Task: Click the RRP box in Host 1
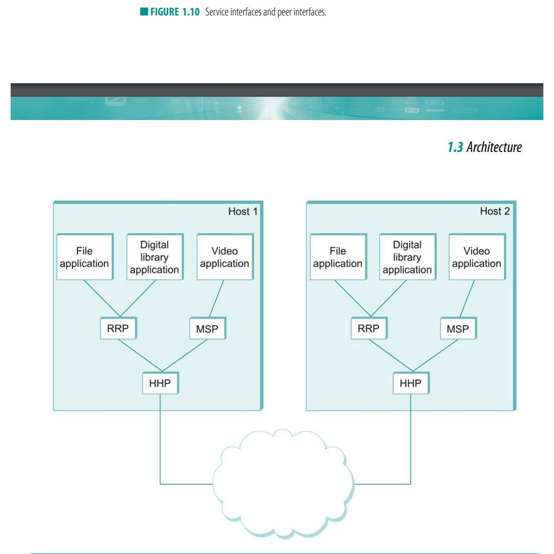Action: (x=118, y=329)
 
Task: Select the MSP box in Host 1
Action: (x=207, y=329)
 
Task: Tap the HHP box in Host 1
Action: (x=160, y=383)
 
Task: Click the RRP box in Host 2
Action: (x=369, y=329)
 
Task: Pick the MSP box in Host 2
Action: (x=458, y=329)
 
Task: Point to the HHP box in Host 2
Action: (x=411, y=383)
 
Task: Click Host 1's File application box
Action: (x=85, y=257)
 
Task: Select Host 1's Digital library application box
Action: (x=155, y=257)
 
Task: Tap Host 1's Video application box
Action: (x=225, y=257)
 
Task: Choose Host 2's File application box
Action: (x=338, y=257)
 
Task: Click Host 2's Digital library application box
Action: (x=407, y=257)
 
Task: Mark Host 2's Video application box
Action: (x=477, y=257)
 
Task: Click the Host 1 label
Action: (x=243, y=211)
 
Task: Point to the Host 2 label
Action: (x=494, y=211)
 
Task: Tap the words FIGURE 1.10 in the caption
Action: (x=175, y=12)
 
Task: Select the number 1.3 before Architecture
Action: (x=455, y=147)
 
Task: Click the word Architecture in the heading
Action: (x=494, y=147)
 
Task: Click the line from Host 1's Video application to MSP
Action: (x=216, y=299)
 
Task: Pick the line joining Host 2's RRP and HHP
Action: (x=390, y=356)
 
